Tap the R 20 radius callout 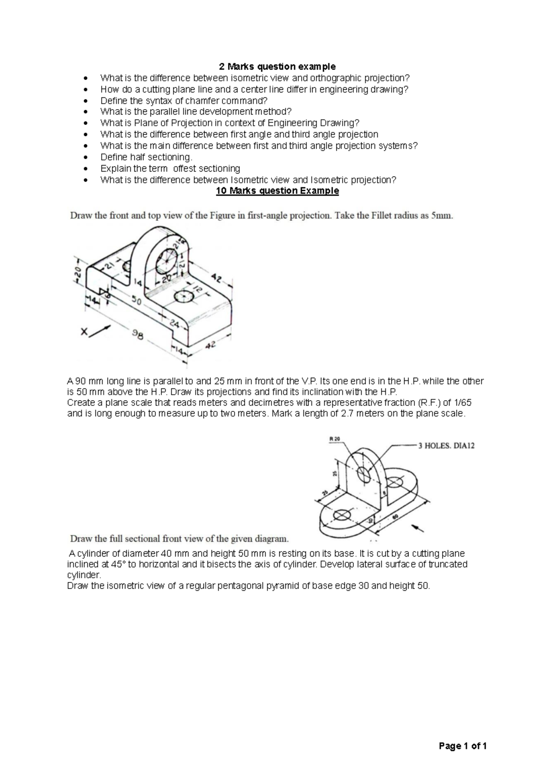[334, 438]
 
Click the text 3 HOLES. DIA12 [446, 446]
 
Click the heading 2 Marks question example [277, 67]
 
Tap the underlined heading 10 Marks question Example [277, 191]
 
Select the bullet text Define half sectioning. [146, 157]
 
